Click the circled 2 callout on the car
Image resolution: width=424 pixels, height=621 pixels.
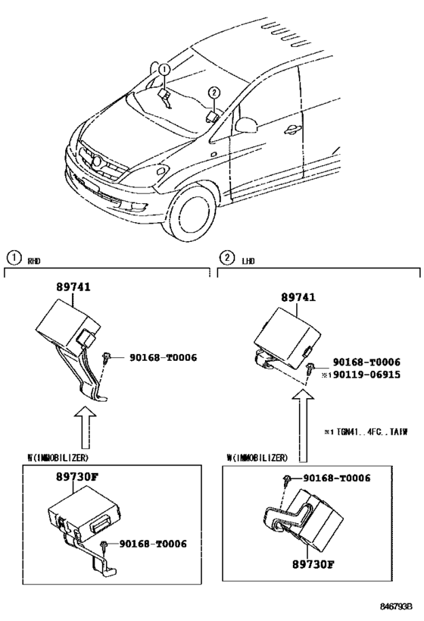[x=214, y=93]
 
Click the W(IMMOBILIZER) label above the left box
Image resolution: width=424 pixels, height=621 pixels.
[x=58, y=457]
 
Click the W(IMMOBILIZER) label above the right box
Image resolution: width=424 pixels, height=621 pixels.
[x=257, y=457]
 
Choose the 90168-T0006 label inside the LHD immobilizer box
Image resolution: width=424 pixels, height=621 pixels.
[x=336, y=478]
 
